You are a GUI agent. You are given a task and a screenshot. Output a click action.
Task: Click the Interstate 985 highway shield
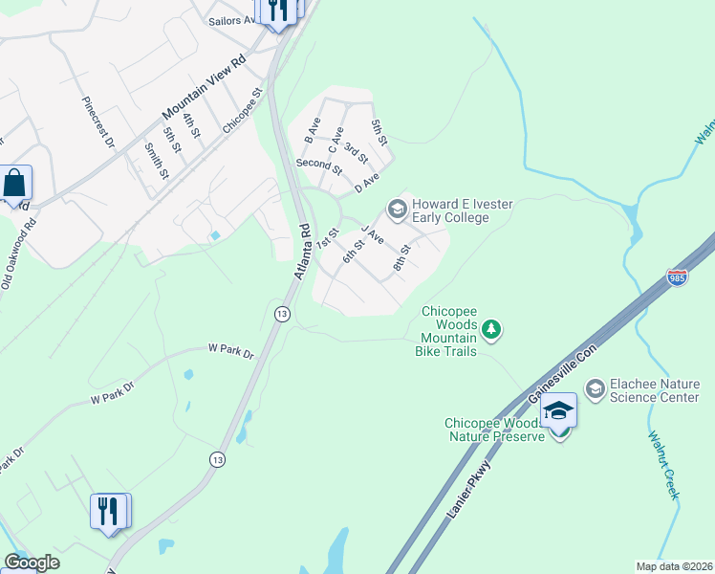click(677, 277)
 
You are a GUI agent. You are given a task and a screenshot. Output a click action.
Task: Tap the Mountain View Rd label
click(205, 93)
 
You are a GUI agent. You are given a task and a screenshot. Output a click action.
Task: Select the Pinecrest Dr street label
click(98, 121)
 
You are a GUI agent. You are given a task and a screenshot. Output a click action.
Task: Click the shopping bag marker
click(16, 183)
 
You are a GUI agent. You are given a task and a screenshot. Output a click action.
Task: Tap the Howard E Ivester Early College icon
click(395, 209)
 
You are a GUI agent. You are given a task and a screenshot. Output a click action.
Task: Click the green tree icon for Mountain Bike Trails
click(491, 330)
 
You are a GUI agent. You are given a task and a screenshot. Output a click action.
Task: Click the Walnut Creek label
click(662, 465)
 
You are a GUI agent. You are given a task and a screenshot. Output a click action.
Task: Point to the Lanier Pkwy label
click(468, 491)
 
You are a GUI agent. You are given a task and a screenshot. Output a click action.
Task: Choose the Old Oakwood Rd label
click(19, 254)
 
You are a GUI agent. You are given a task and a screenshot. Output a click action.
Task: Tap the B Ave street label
click(310, 132)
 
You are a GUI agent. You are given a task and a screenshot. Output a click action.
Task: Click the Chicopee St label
click(242, 111)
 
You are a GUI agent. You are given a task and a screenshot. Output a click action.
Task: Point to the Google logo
click(32, 563)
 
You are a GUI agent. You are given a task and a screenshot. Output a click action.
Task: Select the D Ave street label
click(367, 182)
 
